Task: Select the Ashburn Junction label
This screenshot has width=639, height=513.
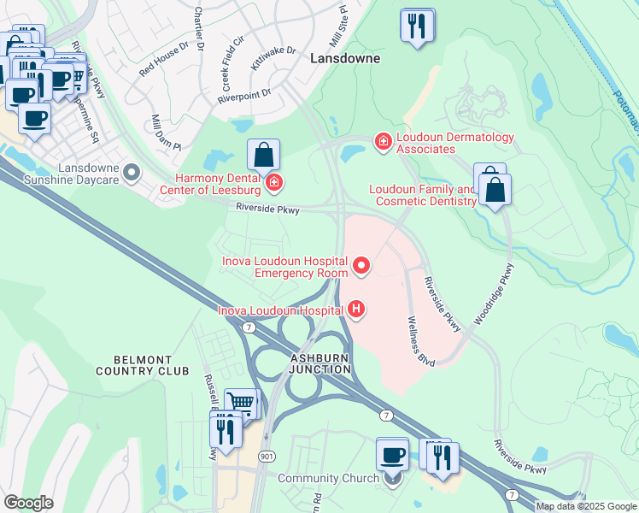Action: (x=320, y=363)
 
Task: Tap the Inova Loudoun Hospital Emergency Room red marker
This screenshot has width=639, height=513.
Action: (x=361, y=267)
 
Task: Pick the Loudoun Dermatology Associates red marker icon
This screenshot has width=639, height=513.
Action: (x=384, y=140)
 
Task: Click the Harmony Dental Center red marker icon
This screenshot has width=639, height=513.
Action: (x=273, y=181)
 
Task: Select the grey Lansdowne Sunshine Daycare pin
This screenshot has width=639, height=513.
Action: (x=131, y=174)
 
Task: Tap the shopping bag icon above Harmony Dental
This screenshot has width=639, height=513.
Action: (x=264, y=156)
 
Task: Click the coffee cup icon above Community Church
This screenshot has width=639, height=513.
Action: (x=393, y=453)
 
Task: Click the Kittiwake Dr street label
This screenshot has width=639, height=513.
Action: (x=273, y=57)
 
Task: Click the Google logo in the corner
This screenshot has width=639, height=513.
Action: (x=28, y=503)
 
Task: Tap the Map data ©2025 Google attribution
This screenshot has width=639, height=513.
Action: (x=585, y=506)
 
